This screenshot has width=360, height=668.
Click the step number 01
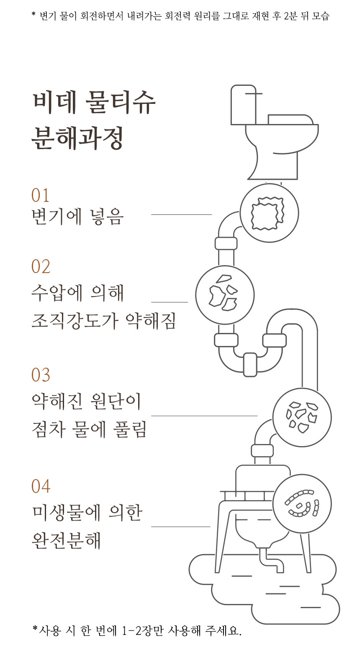(40, 195)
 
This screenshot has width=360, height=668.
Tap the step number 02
(41, 266)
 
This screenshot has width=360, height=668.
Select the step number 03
(41, 375)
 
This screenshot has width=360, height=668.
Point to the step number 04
(41, 486)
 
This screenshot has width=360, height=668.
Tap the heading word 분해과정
(77, 138)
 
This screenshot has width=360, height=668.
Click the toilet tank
(244, 105)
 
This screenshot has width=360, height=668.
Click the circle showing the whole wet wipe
(269, 213)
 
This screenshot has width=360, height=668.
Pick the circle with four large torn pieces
(225, 295)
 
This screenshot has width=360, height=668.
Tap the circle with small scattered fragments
(302, 417)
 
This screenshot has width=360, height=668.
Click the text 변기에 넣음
(77, 217)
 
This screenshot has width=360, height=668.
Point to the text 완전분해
(66, 540)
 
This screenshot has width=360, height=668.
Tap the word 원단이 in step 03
(116, 401)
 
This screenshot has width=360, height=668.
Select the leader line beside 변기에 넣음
(182, 214)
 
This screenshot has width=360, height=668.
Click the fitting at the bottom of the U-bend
(250, 364)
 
